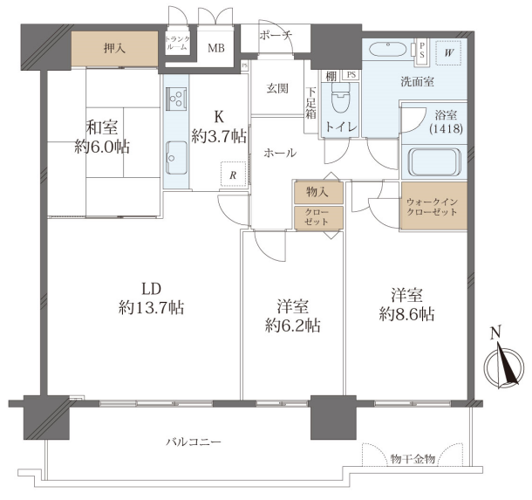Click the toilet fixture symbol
click(x=340, y=98)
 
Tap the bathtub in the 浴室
click(x=435, y=162)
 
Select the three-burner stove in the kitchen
click(x=176, y=99)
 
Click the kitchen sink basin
click(x=176, y=157)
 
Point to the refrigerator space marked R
click(x=233, y=174)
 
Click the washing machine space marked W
click(x=448, y=53)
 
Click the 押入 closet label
click(x=114, y=49)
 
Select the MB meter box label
click(x=216, y=48)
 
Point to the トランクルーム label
click(x=177, y=44)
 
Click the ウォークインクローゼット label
click(x=432, y=207)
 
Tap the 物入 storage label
click(x=317, y=192)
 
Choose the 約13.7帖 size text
click(x=152, y=308)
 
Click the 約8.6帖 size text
click(x=406, y=315)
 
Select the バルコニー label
click(x=194, y=442)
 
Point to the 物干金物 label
click(x=413, y=459)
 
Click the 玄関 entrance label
click(x=277, y=88)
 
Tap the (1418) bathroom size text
click(x=446, y=128)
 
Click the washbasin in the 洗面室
click(x=387, y=50)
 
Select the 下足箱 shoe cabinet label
click(x=310, y=103)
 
